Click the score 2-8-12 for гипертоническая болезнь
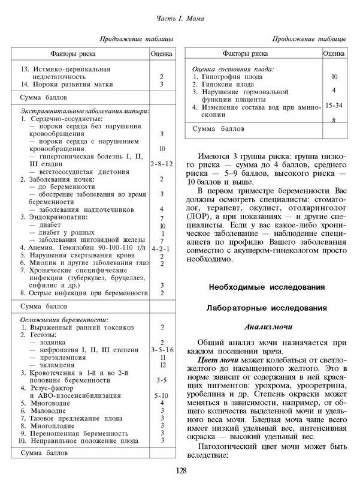[x=162, y=163]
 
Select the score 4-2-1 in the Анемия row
[x=162, y=247]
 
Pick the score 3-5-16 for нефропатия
[x=162, y=348]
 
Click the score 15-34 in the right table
[x=333, y=105]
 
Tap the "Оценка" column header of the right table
[x=333, y=53]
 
